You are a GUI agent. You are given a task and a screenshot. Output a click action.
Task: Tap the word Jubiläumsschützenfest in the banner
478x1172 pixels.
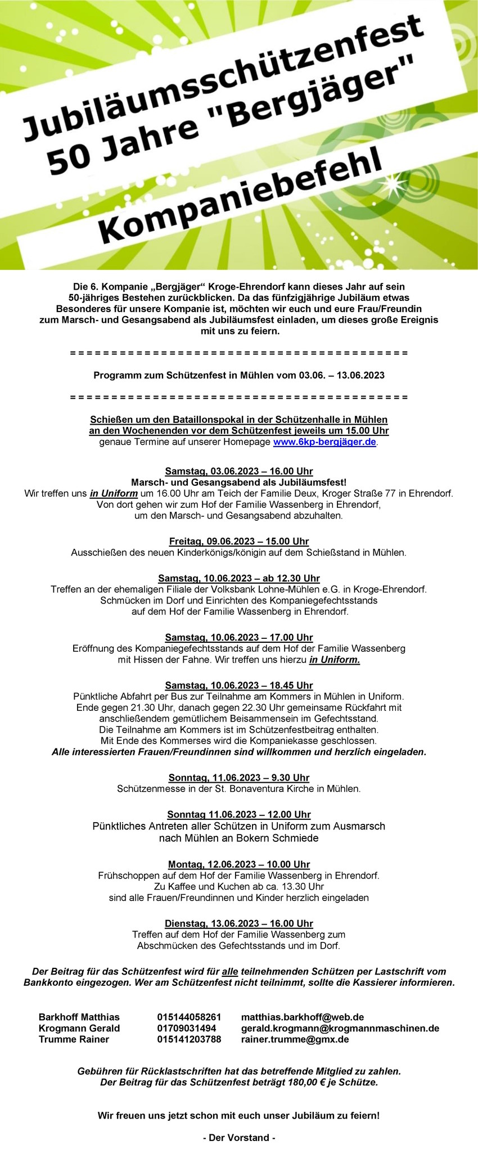[x=222, y=73]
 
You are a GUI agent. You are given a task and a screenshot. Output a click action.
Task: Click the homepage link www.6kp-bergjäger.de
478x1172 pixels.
[x=324, y=442]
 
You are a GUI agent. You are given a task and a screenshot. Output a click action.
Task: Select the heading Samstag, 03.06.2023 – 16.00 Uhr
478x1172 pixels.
[x=239, y=471]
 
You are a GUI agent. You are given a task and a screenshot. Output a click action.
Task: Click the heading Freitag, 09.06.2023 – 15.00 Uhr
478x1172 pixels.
[x=239, y=542]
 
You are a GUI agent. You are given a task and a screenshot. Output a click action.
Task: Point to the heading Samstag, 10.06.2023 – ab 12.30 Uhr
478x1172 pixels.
[x=239, y=578]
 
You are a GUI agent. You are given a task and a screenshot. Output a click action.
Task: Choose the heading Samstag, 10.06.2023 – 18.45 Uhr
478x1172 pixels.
[x=239, y=686]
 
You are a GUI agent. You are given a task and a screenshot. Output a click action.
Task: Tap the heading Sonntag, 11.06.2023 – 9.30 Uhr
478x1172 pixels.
[x=239, y=778]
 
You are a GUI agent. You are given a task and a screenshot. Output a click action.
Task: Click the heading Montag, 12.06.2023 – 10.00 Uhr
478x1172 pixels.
[x=239, y=864]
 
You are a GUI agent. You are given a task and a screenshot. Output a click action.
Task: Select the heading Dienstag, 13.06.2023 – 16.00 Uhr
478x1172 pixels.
[x=239, y=923]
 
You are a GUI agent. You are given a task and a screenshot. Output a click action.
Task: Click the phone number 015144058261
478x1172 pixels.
[x=189, y=1017]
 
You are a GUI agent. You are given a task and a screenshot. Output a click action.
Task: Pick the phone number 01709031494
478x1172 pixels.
[x=187, y=1029]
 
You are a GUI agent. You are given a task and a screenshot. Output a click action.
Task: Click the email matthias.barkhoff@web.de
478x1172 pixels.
[x=303, y=1017]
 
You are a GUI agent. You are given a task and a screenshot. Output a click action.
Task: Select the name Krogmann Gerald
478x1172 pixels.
[x=79, y=1029]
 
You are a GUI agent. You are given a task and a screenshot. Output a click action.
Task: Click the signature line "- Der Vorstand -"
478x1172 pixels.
[x=239, y=1138]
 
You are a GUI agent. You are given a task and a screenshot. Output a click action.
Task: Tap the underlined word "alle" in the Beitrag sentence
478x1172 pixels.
[x=230, y=971]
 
